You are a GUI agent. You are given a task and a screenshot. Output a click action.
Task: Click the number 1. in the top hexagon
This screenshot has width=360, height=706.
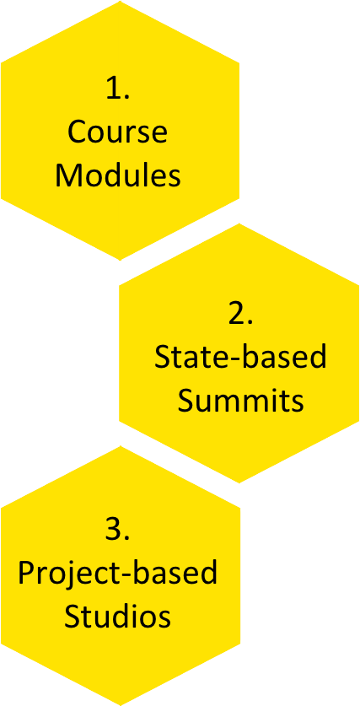tap(118, 88)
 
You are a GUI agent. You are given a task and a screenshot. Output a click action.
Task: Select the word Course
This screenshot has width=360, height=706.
tap(117, 132)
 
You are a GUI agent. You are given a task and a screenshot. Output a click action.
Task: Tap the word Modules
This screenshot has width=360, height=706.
tap(118, 175)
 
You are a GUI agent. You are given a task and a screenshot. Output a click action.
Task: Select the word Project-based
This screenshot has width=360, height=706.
tap(118, 574)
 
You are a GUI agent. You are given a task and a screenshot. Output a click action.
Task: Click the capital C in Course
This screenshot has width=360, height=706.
tap(77, 132)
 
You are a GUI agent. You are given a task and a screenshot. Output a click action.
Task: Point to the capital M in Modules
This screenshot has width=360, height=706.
tap(67, 175)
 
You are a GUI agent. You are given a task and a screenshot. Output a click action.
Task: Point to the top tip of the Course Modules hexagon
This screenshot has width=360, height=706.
tap(121, 2)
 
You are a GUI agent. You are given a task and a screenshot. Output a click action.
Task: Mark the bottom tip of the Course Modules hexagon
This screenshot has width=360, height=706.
tap(121, 260)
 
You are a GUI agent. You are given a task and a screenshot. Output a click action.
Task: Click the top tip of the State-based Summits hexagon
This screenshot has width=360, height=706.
tap(239, 224)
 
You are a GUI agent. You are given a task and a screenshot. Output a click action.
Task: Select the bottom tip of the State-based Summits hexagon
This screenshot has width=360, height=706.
tap(239, 482)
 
